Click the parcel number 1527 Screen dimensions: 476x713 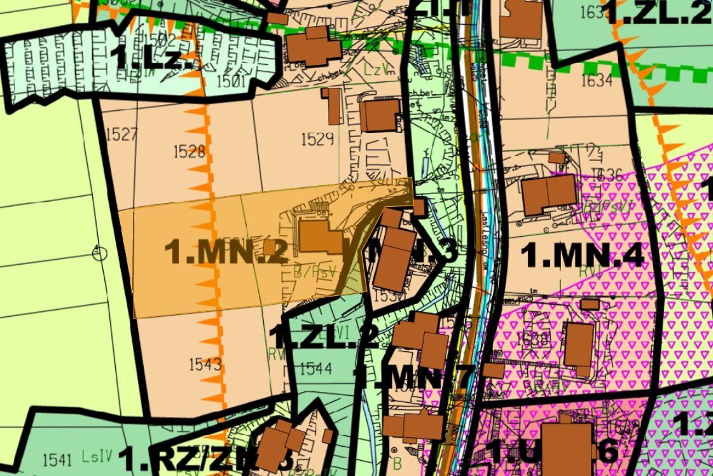[x=123, y=134]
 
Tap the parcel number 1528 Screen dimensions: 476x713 [x=189, y=151]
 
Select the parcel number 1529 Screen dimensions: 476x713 [x=317, y=139]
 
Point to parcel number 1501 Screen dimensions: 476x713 [x=230, y=81]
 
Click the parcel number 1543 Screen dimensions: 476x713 [x=205, y=364]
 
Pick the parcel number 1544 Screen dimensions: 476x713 [x=315, y=368]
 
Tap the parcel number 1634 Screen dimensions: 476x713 [x=596, y=80]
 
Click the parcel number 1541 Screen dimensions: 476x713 [x=58, y=459]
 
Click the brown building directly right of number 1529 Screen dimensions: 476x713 [x=380, y=115]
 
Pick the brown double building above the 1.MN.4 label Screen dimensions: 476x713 [x=549, y=195]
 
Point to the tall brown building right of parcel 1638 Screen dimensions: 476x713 [x=579, y=344]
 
